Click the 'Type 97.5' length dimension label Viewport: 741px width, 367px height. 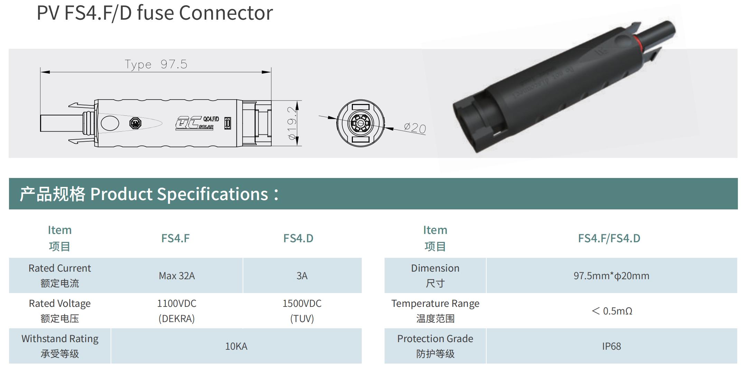coord(156,64)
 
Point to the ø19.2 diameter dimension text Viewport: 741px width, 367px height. coord(292,123)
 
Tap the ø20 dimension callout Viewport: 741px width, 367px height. coord(415,128)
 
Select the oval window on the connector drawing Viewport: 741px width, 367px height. coord(110,123)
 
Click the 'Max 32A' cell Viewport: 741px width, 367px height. coord(177,276)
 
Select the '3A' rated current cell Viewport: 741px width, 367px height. coord(302,276)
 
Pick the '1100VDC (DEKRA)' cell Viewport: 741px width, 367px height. coord(177,311)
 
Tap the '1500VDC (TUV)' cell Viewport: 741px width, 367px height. coord(302,311)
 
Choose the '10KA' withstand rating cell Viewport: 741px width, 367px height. coord(236,346)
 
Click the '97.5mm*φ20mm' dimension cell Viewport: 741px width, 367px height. coord(611,276)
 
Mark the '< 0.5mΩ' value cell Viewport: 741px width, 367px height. coord(612,311)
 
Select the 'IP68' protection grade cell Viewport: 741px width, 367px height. coord(611,346)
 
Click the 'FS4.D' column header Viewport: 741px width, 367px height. coord(298,238)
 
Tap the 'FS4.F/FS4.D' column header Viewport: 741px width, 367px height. coord(609,238)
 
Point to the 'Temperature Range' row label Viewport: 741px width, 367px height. coord(435,304)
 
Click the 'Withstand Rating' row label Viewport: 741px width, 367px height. coord(60,339)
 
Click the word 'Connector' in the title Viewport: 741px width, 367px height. coord(226,13)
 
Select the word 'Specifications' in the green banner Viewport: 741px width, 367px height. coord(213,194)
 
